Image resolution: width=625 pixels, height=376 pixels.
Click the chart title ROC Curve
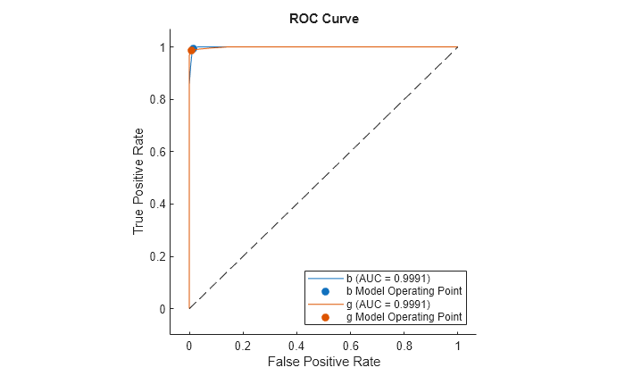[x=323, y=19]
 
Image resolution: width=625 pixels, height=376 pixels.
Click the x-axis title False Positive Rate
[x=322, y=362]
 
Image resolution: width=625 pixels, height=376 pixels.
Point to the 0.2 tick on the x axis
[x=243, y=344]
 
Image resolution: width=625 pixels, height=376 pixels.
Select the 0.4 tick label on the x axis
[x=296, y=344]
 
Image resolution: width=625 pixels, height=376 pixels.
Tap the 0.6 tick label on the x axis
[x=350, y=344]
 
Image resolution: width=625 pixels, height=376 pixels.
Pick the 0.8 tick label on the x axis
[x=404, y=344]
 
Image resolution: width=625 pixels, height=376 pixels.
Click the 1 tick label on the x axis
[x=457, y=344]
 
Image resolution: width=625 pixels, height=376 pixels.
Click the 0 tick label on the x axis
[x=189, y=344]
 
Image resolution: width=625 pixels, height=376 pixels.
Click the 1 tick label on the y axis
[x=163, y=47]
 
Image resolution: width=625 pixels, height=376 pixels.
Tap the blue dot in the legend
[x=325, y=291]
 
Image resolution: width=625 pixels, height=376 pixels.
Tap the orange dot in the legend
[x=325, y=317]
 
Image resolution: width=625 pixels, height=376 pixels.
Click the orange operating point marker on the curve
[x=191, y=50]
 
